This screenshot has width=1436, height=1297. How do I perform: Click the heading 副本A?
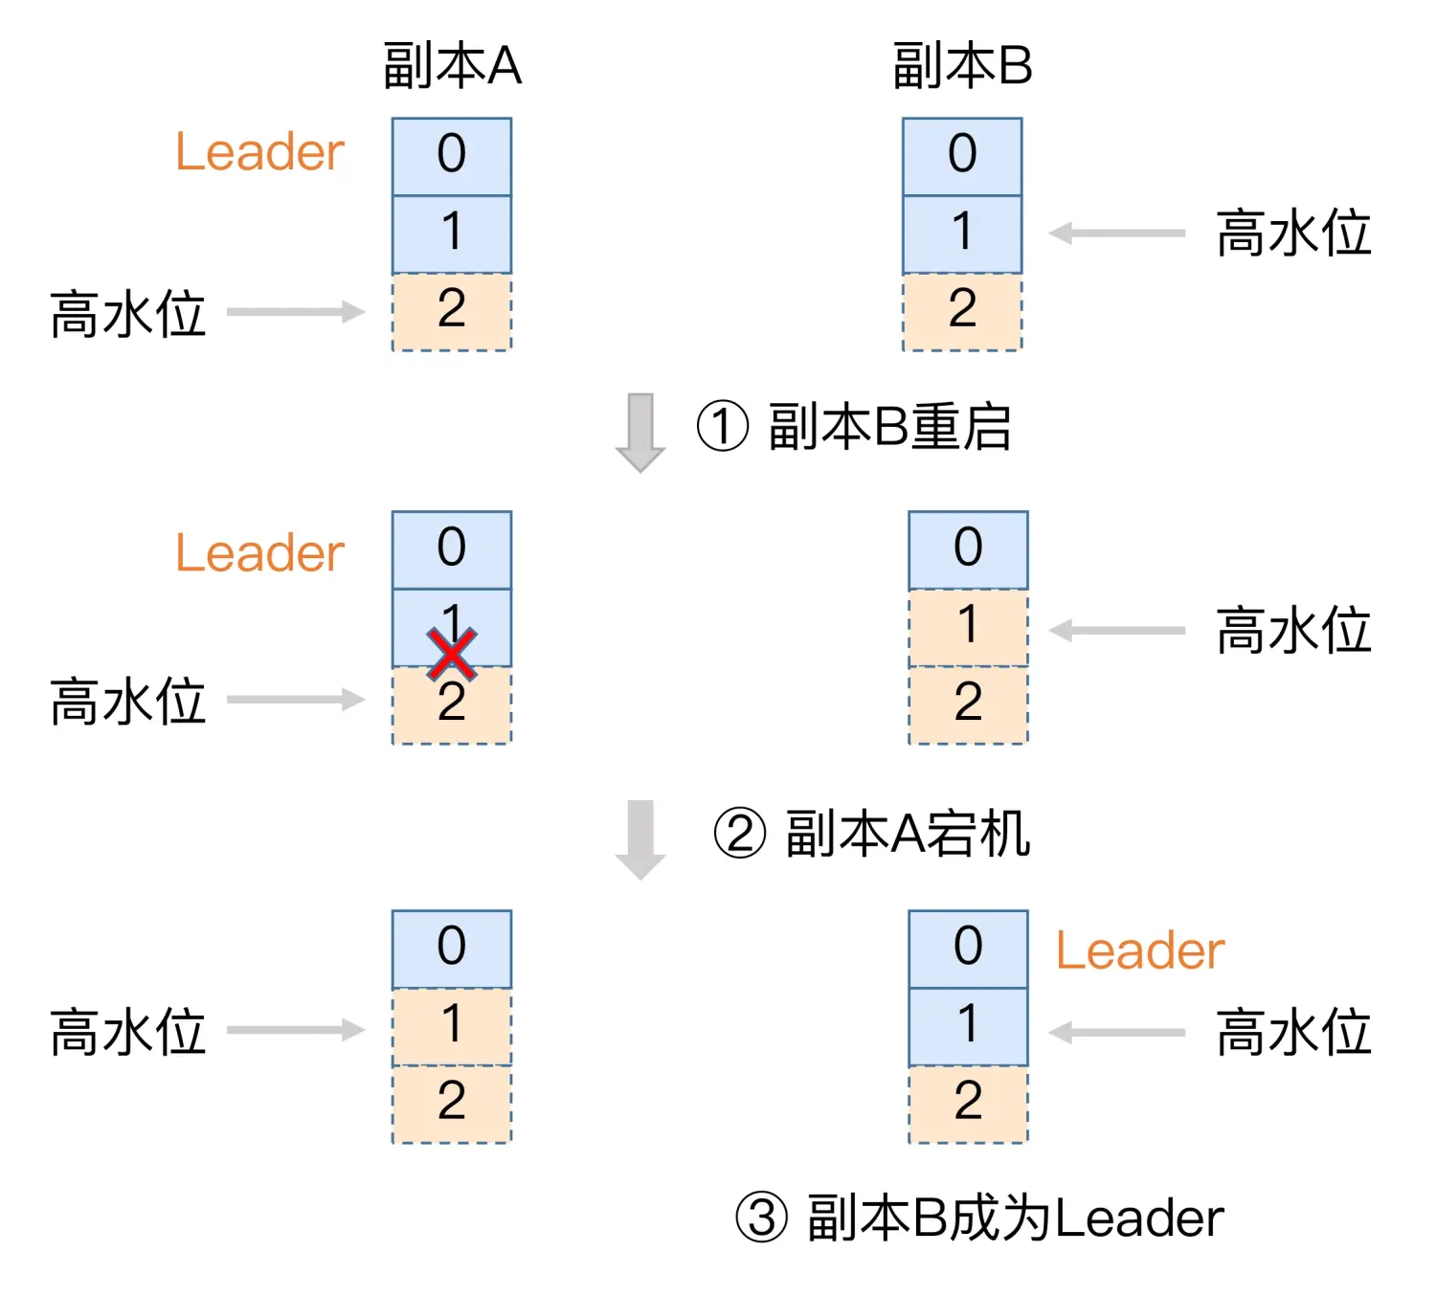[x=452, y=66]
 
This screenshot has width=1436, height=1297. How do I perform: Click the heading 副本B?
[x=962, y=66]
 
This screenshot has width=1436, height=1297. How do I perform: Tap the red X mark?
[x=452, y=655]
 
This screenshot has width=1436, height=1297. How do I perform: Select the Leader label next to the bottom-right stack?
[x=1139, y=950]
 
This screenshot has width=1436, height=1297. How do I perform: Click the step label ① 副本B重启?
[x=854, y=427]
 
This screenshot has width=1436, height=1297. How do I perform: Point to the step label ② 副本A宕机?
[x=871, y=833]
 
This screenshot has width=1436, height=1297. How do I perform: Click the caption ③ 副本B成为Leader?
[x=979, y=1218]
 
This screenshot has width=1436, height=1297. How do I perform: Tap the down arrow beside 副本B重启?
[x=639, y=432]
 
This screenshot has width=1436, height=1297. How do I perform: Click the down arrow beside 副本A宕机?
[x=639, y=839]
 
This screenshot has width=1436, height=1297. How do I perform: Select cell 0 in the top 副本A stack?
[x=452, y=156]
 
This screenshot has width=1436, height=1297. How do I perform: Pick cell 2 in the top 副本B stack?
[x=962, y=311]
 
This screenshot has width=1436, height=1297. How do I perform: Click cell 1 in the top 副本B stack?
[x=962, y=234]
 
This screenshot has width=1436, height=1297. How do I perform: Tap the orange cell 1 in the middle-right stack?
[x=968, y=627]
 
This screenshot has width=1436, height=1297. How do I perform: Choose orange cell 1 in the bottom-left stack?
[x=452, y=1026]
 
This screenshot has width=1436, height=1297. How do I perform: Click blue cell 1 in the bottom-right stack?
[x=968, y=1026]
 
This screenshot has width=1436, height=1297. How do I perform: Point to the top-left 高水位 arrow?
[x=296, y=312]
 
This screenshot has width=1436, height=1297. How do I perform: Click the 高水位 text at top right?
[x=1293, y=234]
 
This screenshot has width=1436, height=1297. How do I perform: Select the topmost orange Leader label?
[x=259, y=152]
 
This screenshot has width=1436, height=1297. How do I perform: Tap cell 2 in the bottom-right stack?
[x=968, y=1104]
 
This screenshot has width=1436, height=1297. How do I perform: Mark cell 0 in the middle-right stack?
[x=968, y=549]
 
